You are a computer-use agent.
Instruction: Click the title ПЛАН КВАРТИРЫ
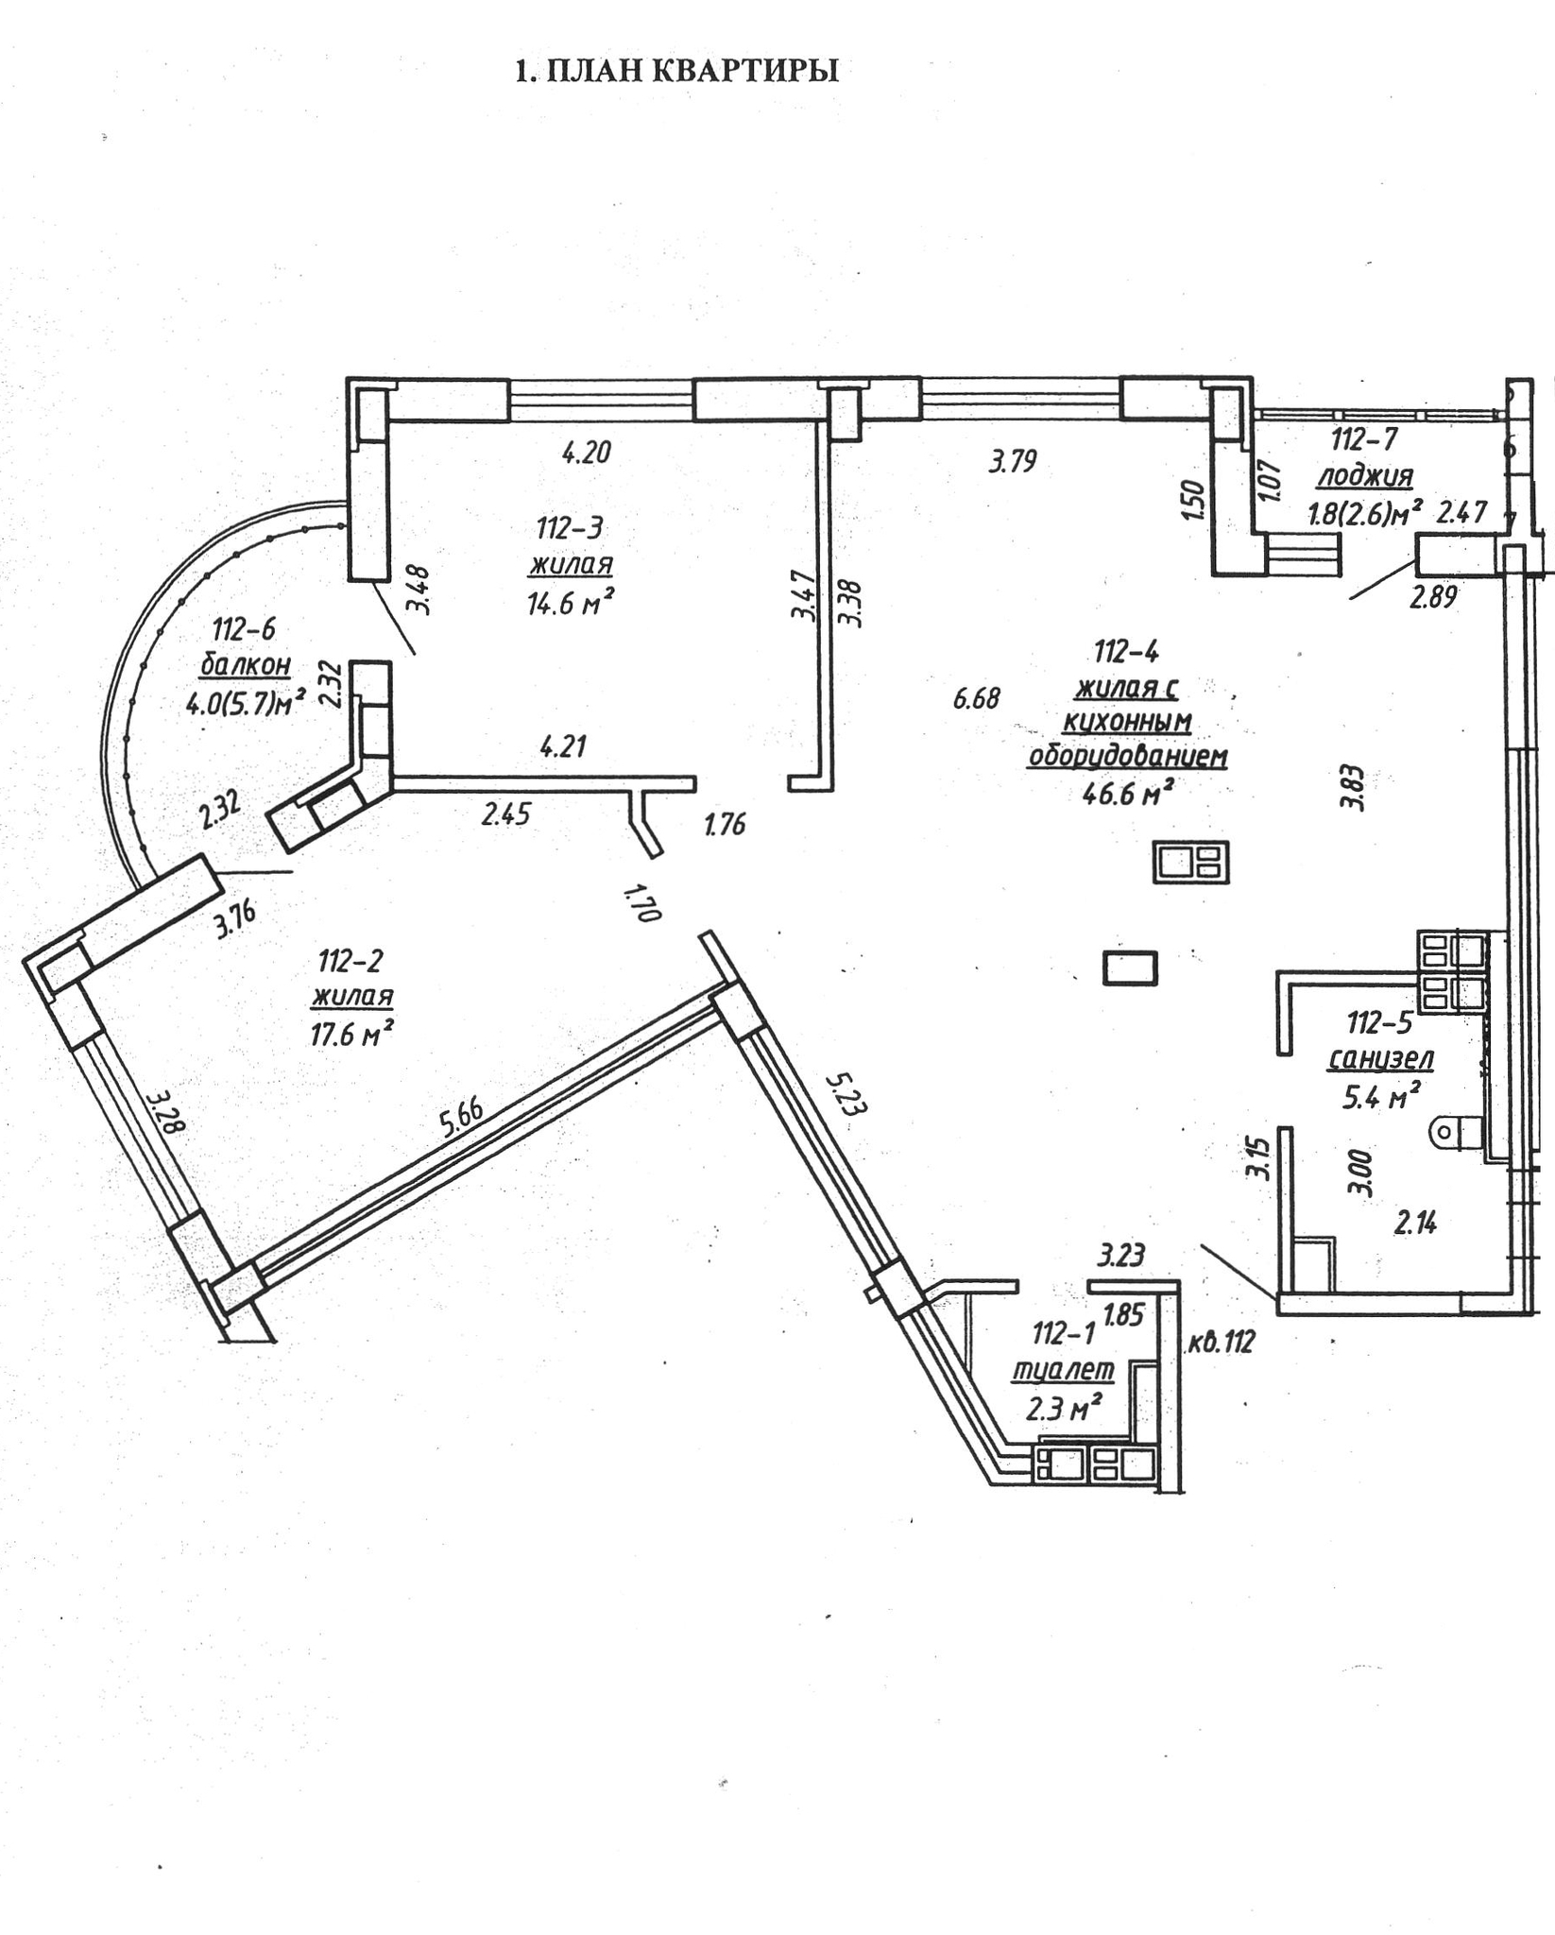point(676,72)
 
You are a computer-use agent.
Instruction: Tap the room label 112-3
point(570,527)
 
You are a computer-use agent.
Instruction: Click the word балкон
point(246,665)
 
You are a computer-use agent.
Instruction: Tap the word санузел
point(1380,1059)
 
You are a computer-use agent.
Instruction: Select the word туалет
point(1063,1369)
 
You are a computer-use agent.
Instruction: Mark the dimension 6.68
point(976,699)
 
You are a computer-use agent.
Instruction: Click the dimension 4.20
point(587,453)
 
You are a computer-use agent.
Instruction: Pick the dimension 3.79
point(1013,461)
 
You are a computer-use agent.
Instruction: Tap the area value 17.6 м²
point(351,1035)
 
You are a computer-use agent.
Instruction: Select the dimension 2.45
point(506,813)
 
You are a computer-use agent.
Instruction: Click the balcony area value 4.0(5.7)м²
point(246,703)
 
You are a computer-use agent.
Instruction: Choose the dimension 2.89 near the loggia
point(1433,597)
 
